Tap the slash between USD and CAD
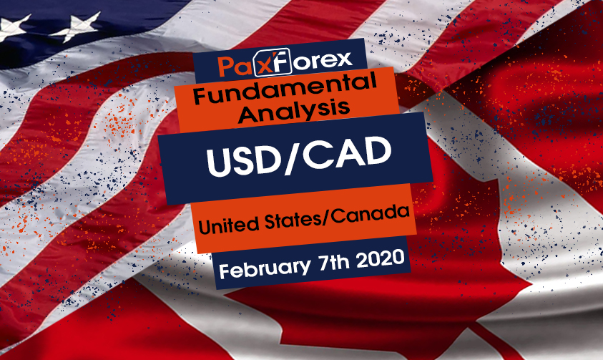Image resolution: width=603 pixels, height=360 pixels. tap(289, 158)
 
